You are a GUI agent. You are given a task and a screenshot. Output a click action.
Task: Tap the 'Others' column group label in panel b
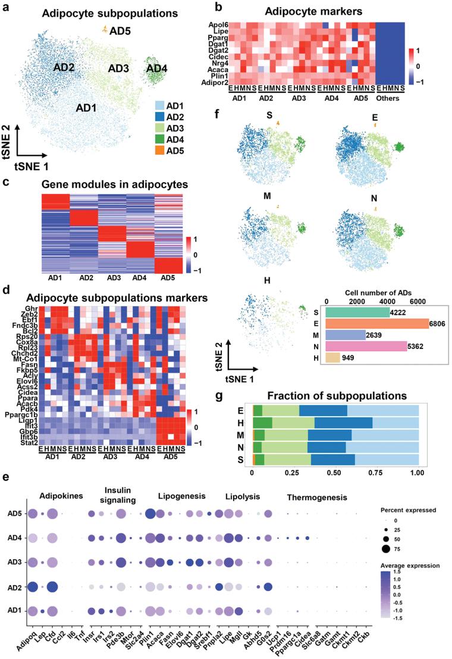[x=391, y=98]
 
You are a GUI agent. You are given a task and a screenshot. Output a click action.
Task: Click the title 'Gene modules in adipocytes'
[x=114, y=185]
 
